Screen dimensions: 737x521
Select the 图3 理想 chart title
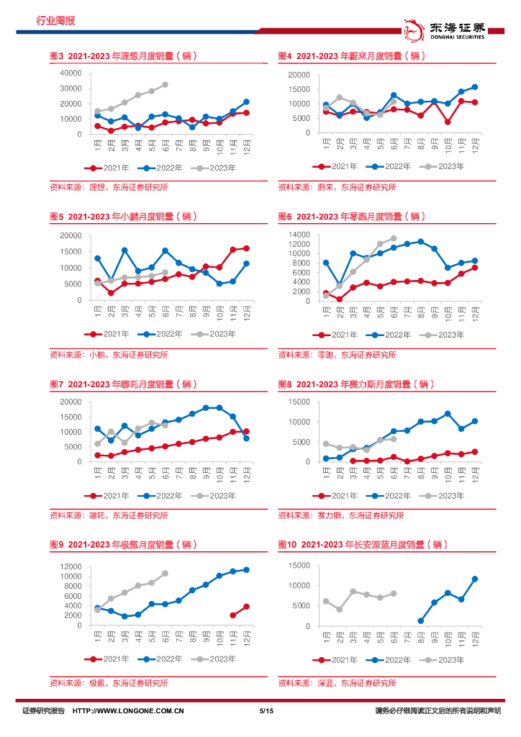(123, 55)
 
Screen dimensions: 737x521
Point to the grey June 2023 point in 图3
(166, 84)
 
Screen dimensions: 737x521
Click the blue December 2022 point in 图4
(474, 87)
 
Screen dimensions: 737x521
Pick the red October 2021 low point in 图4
(448, 122)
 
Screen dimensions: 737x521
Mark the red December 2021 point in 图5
(246, 248)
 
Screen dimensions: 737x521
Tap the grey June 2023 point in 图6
(394, 238)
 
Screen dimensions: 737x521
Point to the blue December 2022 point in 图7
(246, 438)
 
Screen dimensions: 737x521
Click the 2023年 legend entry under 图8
(443, 495)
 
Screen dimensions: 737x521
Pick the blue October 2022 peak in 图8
(448, 414)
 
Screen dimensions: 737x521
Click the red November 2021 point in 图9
(232, 615)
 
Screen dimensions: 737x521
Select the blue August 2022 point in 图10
(421, 620)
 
